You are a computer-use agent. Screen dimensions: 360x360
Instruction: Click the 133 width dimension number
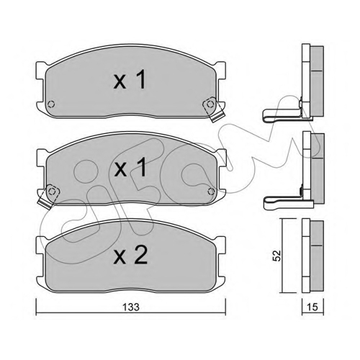131,307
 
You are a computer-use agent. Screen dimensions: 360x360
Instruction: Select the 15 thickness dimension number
312,307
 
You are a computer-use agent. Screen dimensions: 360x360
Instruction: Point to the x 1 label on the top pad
130,80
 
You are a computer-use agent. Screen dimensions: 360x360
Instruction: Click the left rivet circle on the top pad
51,104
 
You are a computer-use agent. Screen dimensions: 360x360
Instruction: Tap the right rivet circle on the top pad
210,104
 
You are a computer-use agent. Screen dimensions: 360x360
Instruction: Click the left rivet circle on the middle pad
51,192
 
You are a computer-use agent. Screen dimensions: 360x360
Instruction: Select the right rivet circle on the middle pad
211,192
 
